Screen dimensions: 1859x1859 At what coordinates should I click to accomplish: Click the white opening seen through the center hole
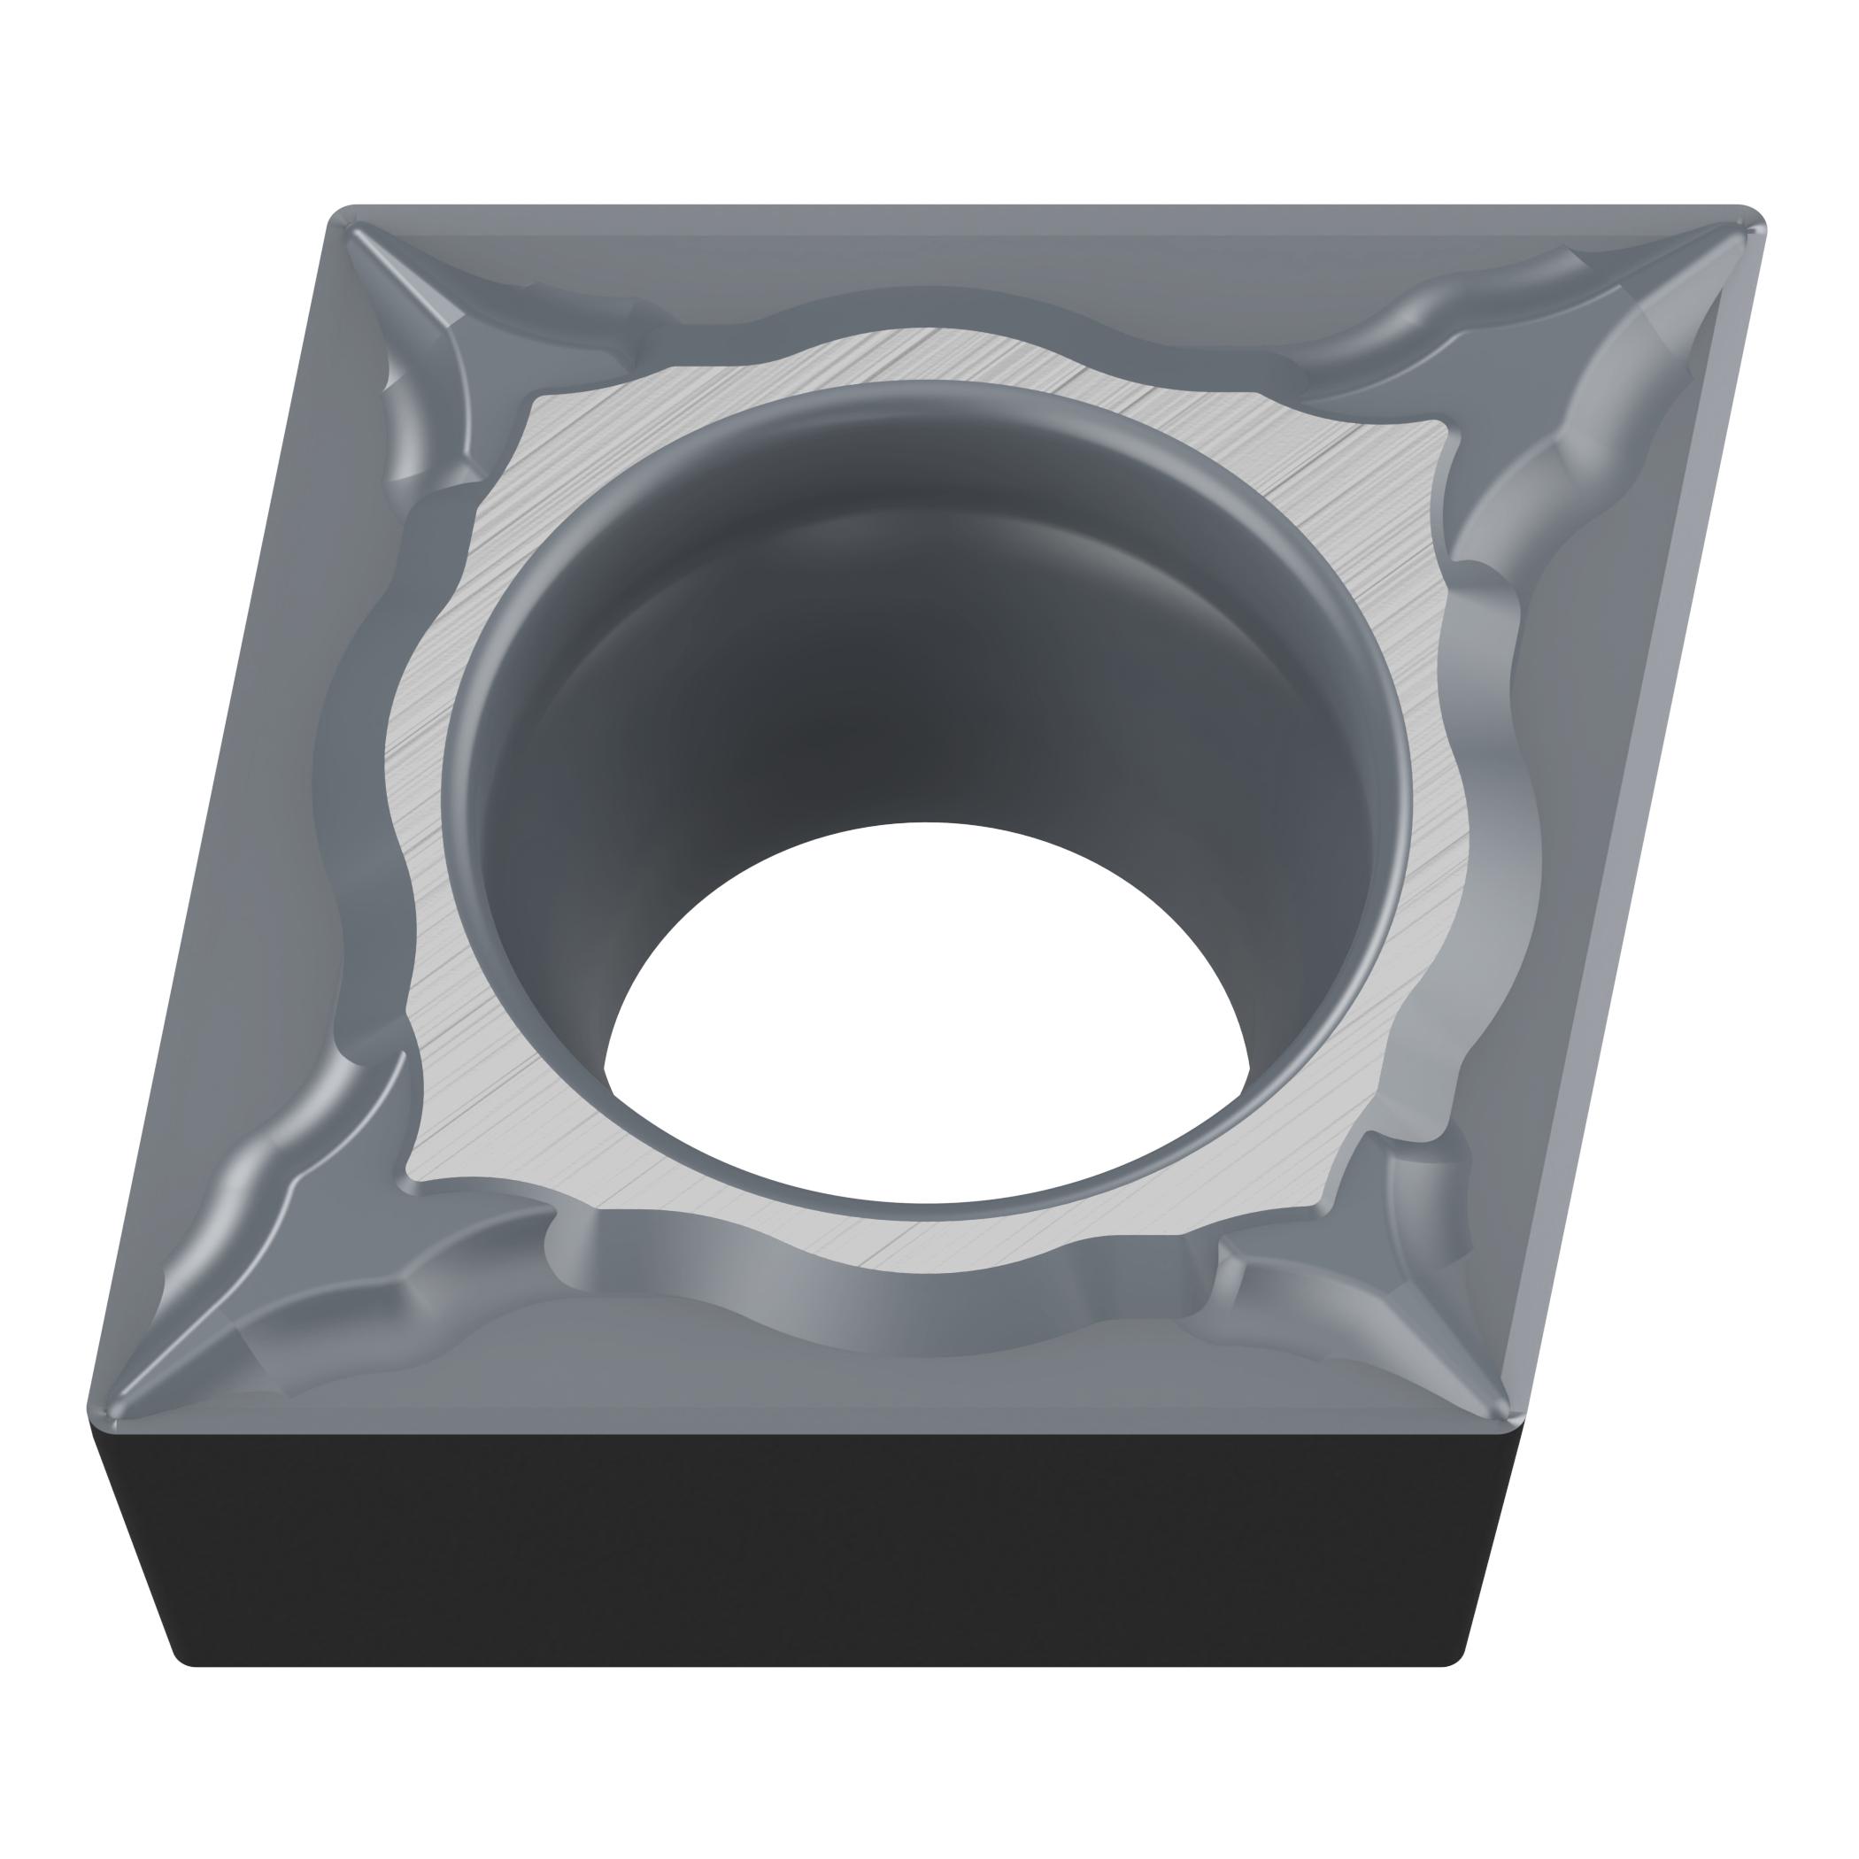pos(923,1000)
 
